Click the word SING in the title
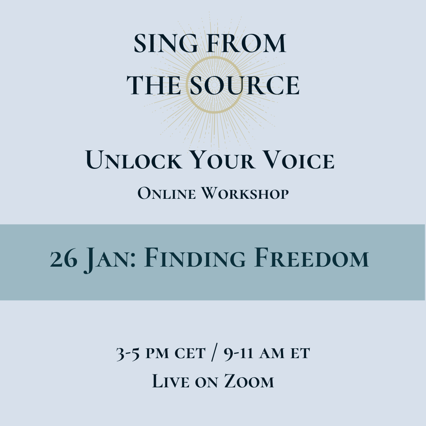click(x=159, y=44)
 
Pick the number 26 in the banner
click(x=64, y=259)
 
